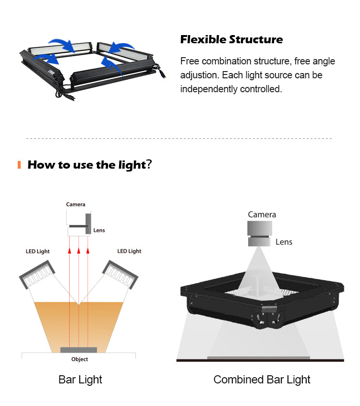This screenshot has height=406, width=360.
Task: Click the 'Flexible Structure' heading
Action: pyautogui.click(x=231, y=39)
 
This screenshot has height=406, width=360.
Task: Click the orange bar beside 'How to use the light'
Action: pyautogui.click(x=19, y=165)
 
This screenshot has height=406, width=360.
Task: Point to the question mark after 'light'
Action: pyautogui.click(x=149, y=164)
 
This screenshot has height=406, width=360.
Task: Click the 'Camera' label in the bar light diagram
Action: pyautogui.click(x=75, y=204)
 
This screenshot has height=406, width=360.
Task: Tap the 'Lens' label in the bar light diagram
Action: pyautogui.click(x=99, y=230)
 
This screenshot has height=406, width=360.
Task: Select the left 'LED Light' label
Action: pyautogui.click(x=37, y=251)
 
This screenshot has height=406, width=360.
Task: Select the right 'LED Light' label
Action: pyautogui.click(x=129, y=251)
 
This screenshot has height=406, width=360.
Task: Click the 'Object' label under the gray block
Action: pyautogui.click(x=80, y=359)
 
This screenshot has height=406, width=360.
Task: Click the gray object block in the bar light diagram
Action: pyautogui.click(x=79, y=350)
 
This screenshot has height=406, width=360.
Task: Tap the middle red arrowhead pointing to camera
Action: pyautogui.click(x=79, y=251)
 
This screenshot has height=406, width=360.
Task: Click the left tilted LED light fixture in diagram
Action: pyautogui.click(x=37, y=274)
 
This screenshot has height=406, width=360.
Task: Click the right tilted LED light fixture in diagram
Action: pyautogui.click(x=120, y=274)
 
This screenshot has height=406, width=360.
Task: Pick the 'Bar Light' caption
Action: pyautogui.click(x=80, y=380)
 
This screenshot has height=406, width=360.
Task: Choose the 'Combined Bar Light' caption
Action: pyautogui.click(x=262, y=380)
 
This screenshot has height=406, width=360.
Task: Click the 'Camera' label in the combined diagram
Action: pyautogui.click(x=262, y=215)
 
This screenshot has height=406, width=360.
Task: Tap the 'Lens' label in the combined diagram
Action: pyautogui.click(x=284, y=242)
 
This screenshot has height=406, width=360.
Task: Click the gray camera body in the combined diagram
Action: pyautogui.click(x=260, y=228)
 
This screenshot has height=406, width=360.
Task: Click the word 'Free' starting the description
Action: pyautogui.click(x=190, y=61)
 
